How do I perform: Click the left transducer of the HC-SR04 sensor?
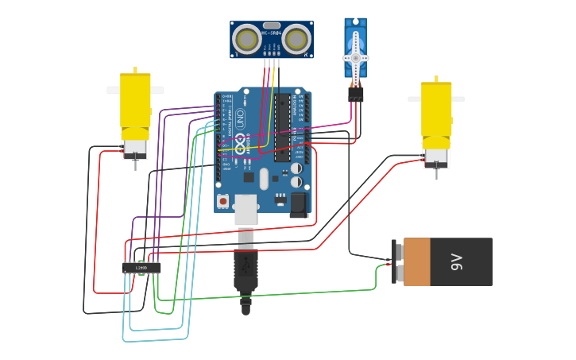pyautogui.click(x=246, y=38)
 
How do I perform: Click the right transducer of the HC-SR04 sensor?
pyautogui.click(x=296, y=38)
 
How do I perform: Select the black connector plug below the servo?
pyautogui.click(x=355, y=94)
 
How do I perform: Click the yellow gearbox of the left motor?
pyautogui.click(x=134, y=99)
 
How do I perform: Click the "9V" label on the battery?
pyautogui.click(x=456, y=261)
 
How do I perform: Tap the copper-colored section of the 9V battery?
pyautogui.click(x=416, y=261)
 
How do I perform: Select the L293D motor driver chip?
pyautogui.click(x=141, y=268)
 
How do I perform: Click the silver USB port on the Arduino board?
pyautogui.click(x=245, y=209)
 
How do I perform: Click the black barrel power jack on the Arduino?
pyautogui.click(x=299, y=204)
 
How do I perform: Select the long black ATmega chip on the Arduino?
pyautogui.click(x=282, y=128)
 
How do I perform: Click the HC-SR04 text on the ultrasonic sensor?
pyautogui.click(x=271, y=33)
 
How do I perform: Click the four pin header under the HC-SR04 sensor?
pyautogui.click(x=271, y=53)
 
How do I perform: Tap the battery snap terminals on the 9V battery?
pyautogui.click(x=396, y=261)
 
